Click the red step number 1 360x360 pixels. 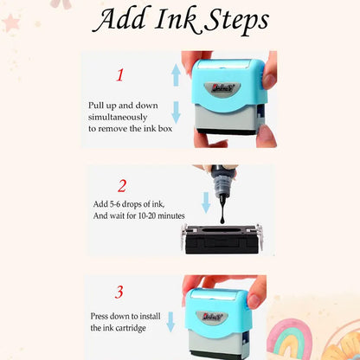pyautogui.click(x=120, y=75)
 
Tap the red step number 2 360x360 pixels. pyautogui.click(x=122, y=186)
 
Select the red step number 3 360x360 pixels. pyautogui.click(x=119, y=292)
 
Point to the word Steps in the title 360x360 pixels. pyautogui.click(x=237, y=21)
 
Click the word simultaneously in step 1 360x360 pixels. pyautogui.click(x=118, y=118)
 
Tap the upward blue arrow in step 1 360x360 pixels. pyautogui.click(x=176, y=75)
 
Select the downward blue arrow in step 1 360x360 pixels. pyautogui.click(x=176, y=112)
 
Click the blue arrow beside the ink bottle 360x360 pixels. pyautogui.click(x=206, y=202)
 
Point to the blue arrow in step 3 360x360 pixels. pyautogui.click(x=170, y=321)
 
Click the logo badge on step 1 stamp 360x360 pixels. pyautogui.click(x=222, y=87)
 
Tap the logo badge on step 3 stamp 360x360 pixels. pyautogui.click(x=212, y=317)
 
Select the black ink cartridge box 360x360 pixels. pyautogui.click(x=222, y=240)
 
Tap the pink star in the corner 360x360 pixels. pyautogui.click(x=11, y=22)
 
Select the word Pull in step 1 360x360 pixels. pyautogui.click(x=95, y=106)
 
